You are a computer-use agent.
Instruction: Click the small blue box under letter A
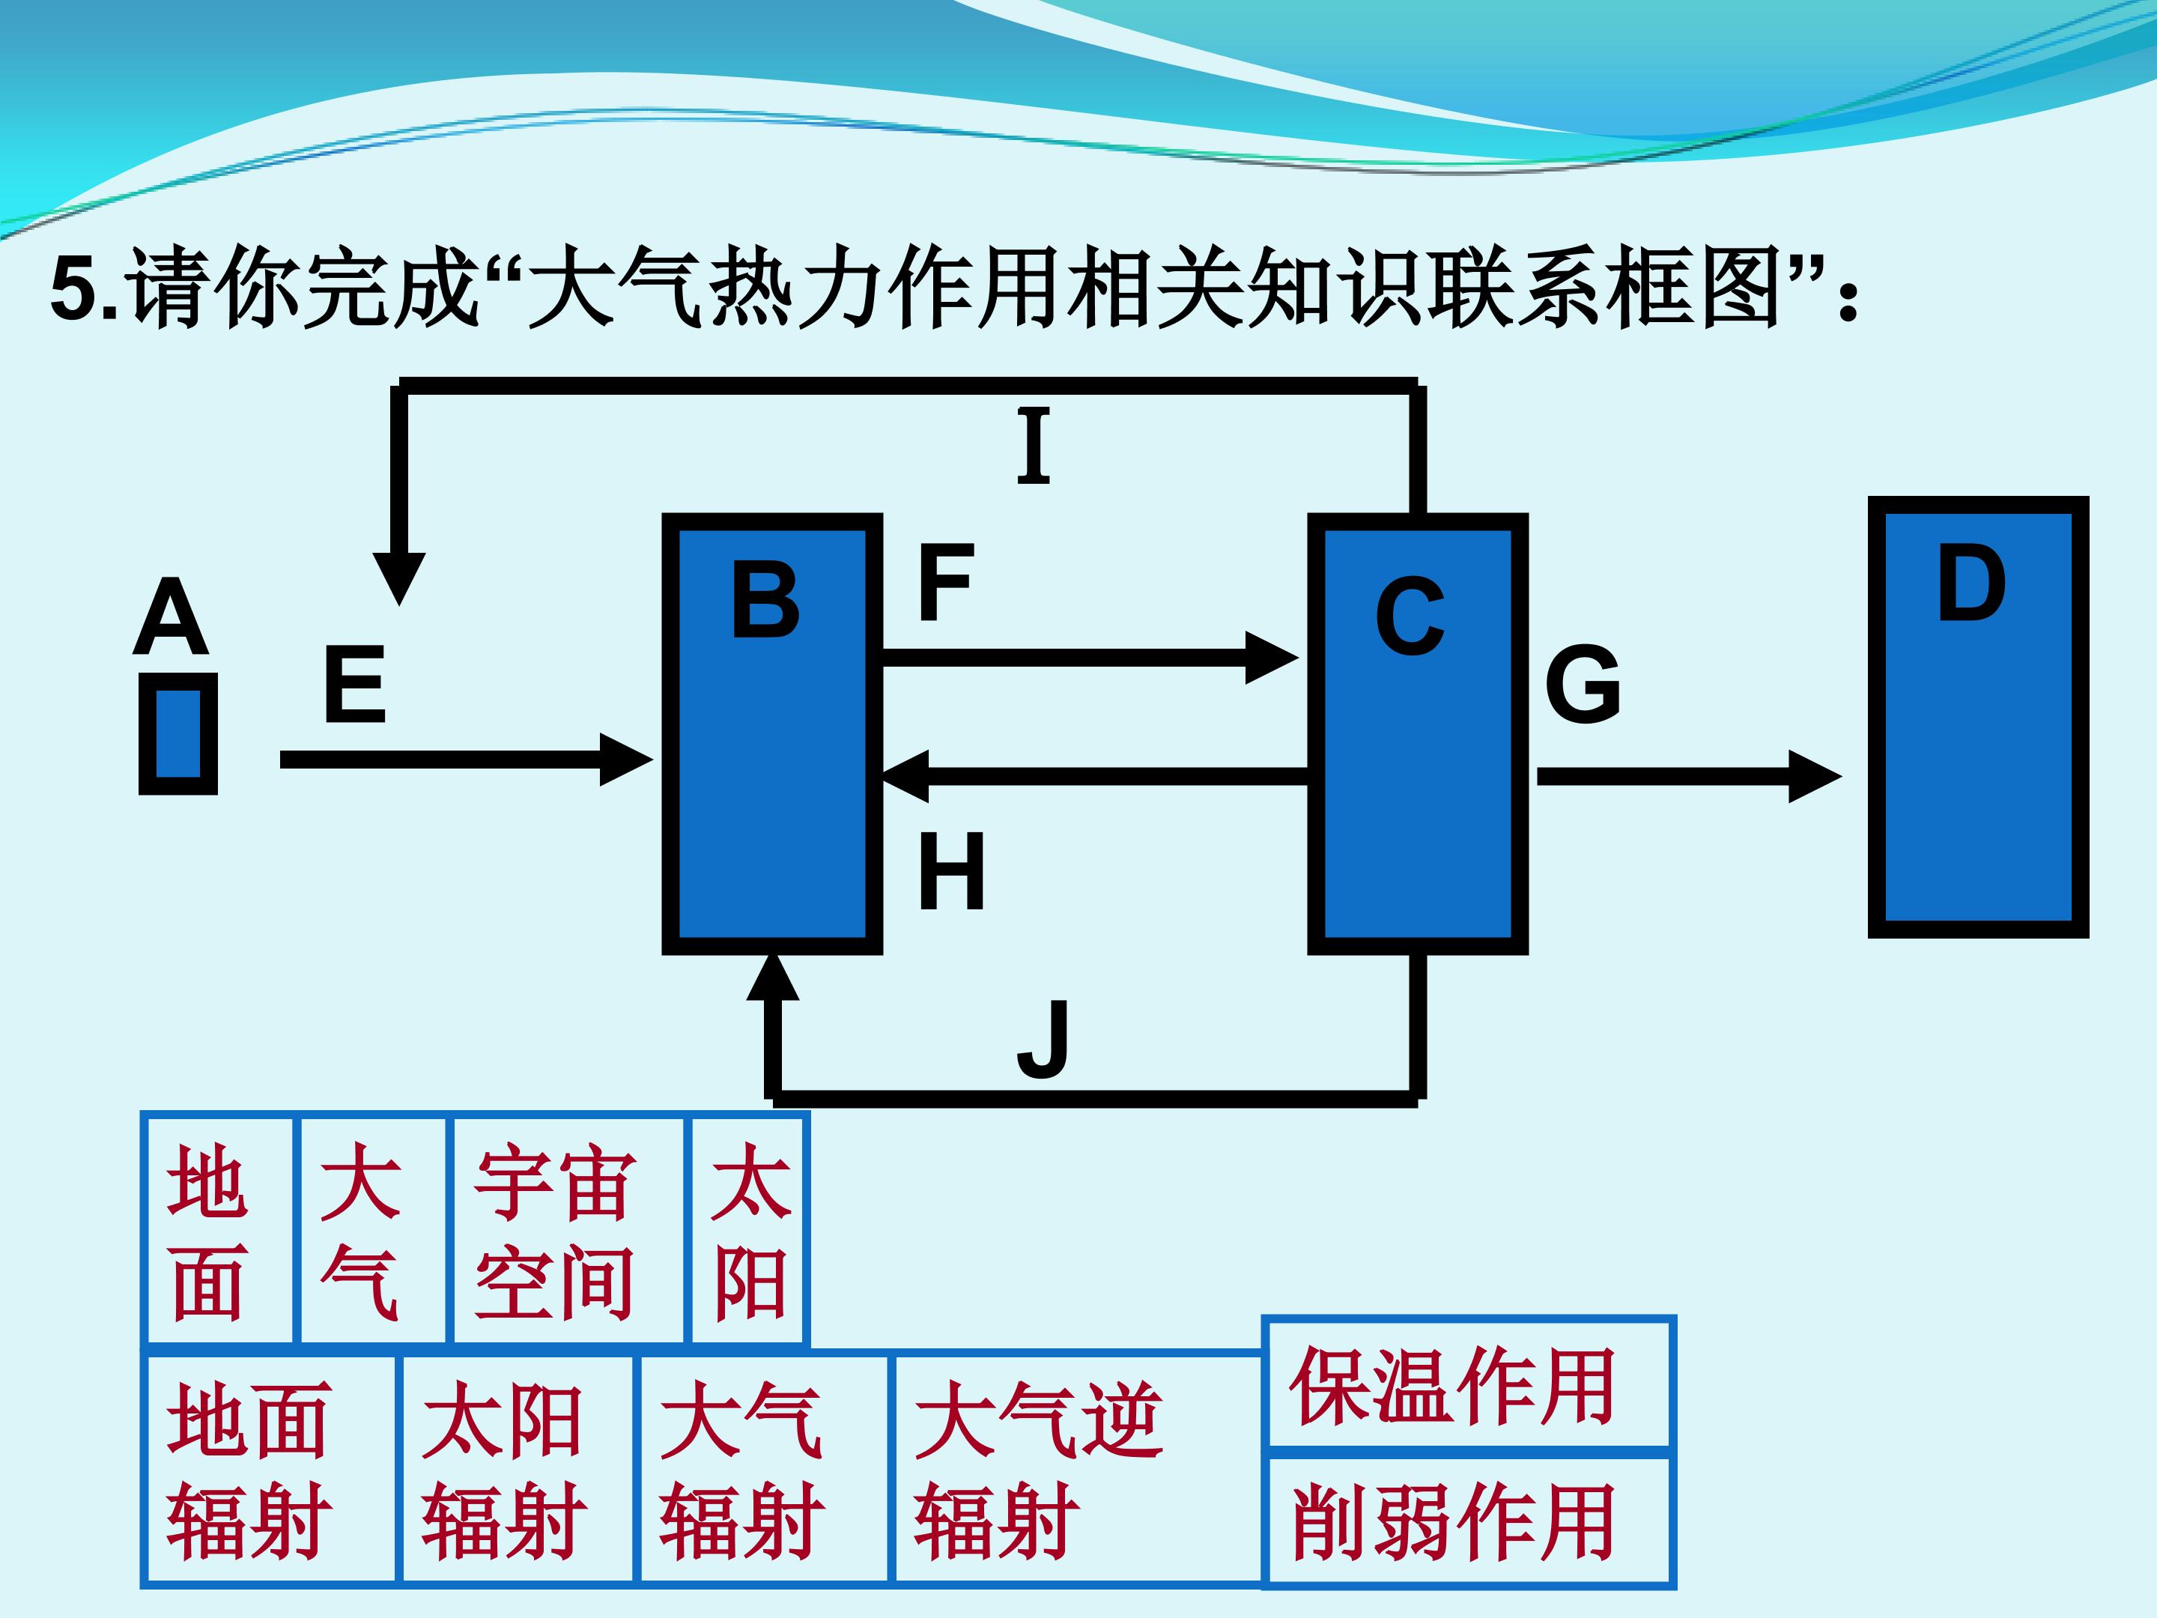coord(178,733)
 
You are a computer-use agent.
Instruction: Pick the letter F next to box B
coord(946,584)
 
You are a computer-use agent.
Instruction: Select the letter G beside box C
coord(1583,685)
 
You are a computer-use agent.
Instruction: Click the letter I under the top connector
coord(1034,446)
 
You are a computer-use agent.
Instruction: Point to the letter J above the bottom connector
coord(1043,1040)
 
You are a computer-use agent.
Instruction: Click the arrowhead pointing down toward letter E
coord(399,578)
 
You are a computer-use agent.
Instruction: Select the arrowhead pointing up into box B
coord(772,978)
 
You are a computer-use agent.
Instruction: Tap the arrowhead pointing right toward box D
coord(1814,776)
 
